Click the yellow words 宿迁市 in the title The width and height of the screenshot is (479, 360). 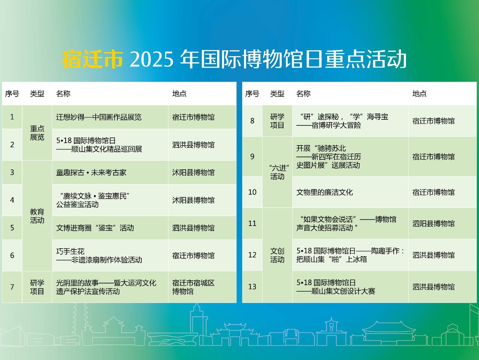[x=93, y=59]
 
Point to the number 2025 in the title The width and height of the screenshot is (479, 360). [x=152, y=59]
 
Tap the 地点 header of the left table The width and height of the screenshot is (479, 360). [x=179, y=94]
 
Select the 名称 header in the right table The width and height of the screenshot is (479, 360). [x=303, y=94]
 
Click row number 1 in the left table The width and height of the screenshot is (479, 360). [x=12, y=117]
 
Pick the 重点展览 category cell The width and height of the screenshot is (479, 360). [x=37, y=133]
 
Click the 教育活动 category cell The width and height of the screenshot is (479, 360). [x=37, y=216]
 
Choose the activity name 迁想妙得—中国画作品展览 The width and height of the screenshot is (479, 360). [x=99, y=117]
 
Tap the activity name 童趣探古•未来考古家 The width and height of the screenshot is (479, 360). [x=91, y=172]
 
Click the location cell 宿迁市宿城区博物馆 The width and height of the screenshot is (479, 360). [x=193, y=287]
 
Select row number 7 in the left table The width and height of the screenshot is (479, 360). [x=12, y=287]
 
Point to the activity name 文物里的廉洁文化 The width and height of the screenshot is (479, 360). [x=325, y=192]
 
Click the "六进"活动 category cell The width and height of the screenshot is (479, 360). [x=277, y=172]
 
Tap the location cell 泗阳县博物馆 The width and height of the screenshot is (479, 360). [x=433, y=224]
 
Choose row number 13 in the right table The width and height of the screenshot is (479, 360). [x=252, y=286]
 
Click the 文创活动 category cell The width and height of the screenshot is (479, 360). [x=277, y=255]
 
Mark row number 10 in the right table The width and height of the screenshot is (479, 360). [x=252, y=192]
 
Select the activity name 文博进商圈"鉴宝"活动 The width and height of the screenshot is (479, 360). [x=95, y=228]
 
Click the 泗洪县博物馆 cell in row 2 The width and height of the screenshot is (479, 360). [x=193, y=145]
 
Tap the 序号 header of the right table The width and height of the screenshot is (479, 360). [x=252, y=94]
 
